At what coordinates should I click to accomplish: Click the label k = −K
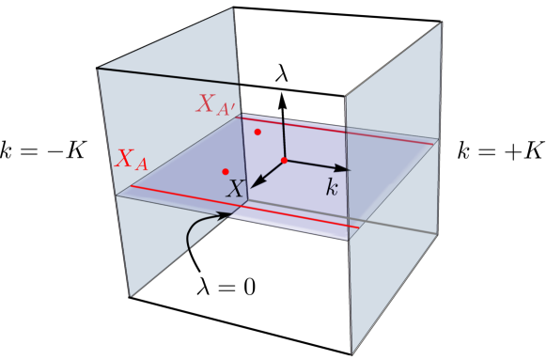(43, 150)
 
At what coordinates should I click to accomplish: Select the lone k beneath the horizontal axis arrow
(331, 187)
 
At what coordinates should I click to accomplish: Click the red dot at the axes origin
(284, 161)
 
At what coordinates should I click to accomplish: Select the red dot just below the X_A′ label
(257, 133)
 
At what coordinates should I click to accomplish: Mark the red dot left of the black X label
(224, 170)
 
